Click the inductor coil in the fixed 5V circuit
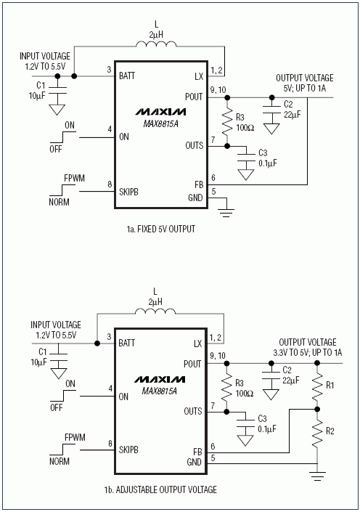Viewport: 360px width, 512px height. tap(156, 44)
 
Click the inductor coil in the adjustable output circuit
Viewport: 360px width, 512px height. tap(155, 311)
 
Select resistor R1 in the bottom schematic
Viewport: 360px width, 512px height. tap(317, 386)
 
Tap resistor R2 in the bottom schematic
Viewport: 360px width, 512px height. tap(317, 431)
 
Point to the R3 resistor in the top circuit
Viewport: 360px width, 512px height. tap(227, 122)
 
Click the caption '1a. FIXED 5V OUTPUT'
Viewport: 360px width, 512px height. tap(161, 229)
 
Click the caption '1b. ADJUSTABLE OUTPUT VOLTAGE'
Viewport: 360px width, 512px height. tap(160, 489)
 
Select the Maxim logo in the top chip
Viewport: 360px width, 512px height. tap(160, 112)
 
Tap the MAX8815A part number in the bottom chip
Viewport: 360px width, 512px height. tap(159, 391)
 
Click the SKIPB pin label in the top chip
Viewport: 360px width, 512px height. tap(128, 192)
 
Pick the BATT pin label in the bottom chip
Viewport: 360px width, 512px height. tap(126, 343)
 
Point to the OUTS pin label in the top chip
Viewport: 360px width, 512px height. tap(195, 145)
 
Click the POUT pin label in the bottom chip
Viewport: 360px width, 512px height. tap(192, 364)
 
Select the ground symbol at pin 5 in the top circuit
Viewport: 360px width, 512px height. tap(226, 211)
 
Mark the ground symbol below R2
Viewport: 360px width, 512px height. tap(318, 476)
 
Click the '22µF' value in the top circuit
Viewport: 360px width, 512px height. tap(292, 114)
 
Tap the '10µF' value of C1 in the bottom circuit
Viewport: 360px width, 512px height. tap(39, 362)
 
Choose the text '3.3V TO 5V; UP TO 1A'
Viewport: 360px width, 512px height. tap(308, 352)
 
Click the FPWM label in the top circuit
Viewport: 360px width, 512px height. tap(75, 178)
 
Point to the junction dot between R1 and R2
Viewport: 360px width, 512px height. tap(317, 409)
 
